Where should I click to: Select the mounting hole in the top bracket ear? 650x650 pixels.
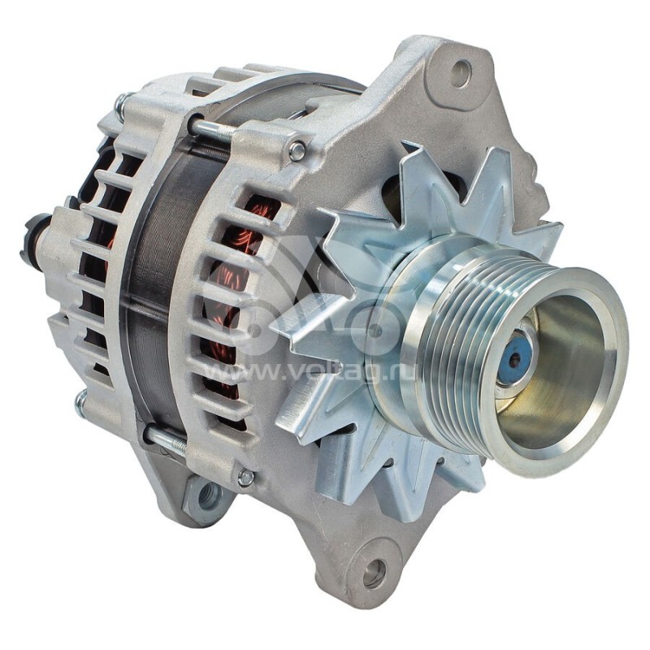tap(461, 74)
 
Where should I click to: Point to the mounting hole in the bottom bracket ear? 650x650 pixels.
tap(374, 574)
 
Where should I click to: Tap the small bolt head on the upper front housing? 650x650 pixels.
tap(297, 151)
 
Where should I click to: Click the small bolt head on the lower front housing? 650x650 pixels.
tap(245, 478)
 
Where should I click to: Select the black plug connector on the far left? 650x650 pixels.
tap(34, 240)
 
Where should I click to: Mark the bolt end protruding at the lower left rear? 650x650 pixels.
tap(81, 403)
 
